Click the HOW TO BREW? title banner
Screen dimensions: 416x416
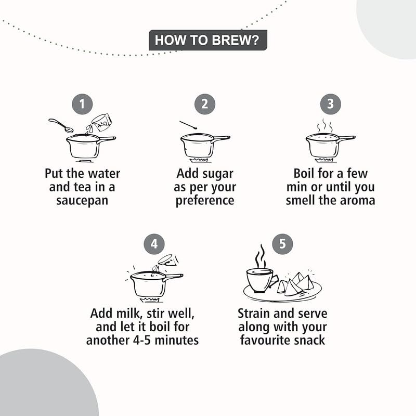point(207,40)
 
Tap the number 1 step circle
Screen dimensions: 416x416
point(82,104)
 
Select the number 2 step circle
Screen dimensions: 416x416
point(204,104)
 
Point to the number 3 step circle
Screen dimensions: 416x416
point(331,104)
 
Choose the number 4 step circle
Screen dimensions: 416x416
point(154,244)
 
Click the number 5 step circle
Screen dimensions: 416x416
point(282,244)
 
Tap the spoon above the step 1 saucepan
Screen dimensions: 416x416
point(61,125)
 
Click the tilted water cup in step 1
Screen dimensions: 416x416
point(101,122)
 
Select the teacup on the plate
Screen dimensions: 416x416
point(261,280)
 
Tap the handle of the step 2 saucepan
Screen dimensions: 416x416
point(222,139)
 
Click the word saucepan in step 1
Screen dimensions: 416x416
point(82,201)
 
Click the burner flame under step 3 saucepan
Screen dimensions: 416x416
point(323,160)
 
